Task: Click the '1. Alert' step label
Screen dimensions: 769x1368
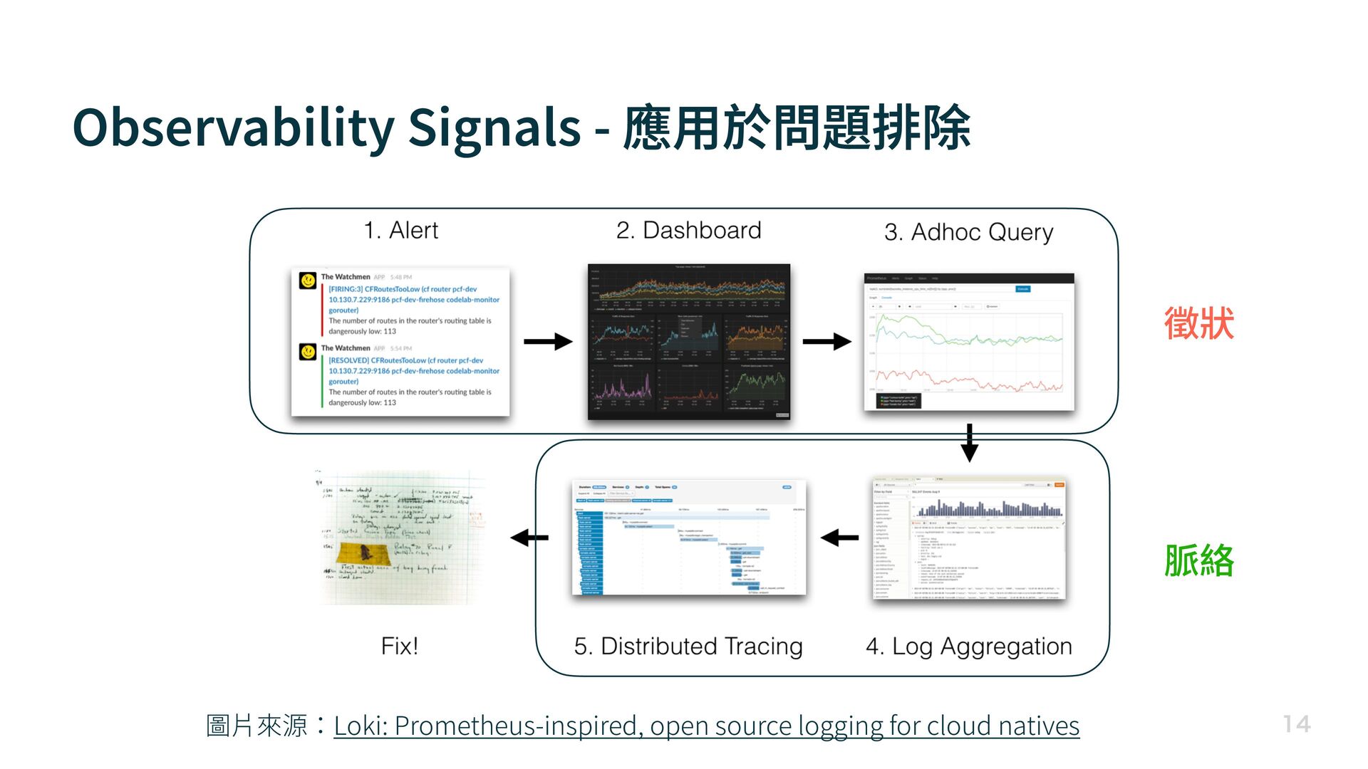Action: [400, 231]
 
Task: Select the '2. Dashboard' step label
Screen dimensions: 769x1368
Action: [688, 231]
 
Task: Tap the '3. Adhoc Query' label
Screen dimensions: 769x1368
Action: [968, 233]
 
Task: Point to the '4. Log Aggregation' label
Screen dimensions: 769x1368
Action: [968, 647]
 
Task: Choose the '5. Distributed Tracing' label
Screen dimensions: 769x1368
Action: [688, 647]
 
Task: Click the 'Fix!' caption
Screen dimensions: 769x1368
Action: [399, 647]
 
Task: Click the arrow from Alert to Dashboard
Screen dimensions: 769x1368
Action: [547, 342]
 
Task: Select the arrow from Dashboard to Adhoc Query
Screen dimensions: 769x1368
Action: [826, 342]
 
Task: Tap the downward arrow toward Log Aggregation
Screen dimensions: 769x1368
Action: [969, 443]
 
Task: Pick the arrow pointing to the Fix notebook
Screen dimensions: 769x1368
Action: [529, 538]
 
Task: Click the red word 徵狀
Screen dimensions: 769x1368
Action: [1199, 323]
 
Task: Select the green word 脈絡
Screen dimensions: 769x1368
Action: [1199, 560]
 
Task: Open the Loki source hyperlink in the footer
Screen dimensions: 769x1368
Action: [706, 726]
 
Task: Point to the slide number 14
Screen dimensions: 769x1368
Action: [1297, 724]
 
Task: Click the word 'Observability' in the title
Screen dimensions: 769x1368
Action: [233, 128]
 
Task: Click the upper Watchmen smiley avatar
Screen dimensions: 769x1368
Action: [308, 281]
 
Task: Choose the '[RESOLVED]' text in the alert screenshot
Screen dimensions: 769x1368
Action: [348, 360]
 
